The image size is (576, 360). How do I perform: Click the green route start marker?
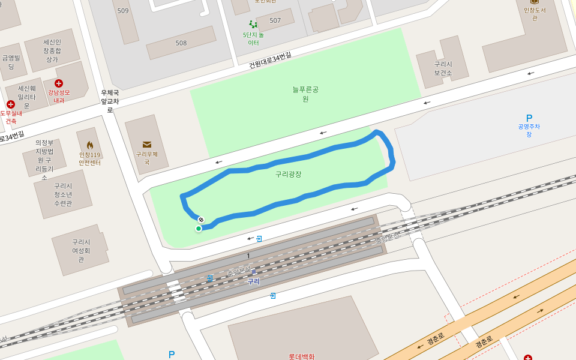pyautogui.click(x=199, y=229)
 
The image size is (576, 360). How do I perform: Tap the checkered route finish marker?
pyautogui.click(x=201, y=220)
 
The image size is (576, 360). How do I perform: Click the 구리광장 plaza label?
pyautogui.click(x=288, y=174)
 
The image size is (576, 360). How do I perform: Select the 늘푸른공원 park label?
pyautogui.click(x=305, y=94)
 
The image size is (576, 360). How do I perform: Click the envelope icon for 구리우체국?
pyautogui.click(x=146, y=144)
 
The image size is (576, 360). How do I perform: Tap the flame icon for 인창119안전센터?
pyautogui.click(x=90, y=145)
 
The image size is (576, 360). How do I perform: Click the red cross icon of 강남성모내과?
pyautogui.click(x=58, y=83)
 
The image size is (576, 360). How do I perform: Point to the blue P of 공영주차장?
pyautogui.click(x=529, y=118)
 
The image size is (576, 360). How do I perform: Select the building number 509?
pyautogui.click(x=123, y=11)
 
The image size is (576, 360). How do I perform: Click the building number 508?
pyautogui.click(x=181, y=43)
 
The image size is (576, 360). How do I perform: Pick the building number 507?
pyautogui.click(x=275, y=20)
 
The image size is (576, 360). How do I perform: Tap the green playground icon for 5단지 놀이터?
pyautogui.click(x=253, y=25)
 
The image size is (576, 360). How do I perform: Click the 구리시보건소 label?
pyautogui.click(x=443, y=68)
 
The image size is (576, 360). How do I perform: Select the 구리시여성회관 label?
pyautogui.click(x=81, y=250)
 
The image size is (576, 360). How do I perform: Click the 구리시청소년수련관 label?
pyautogui.click(x=63, y=194)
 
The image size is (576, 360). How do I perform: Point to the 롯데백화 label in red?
pyautogui.click(x=301, y=356)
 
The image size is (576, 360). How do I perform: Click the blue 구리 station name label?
pyautogui.click(x=254, y=281)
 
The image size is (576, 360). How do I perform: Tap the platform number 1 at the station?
pyautogui.click(x=248, y=256)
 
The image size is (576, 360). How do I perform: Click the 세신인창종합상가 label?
pyautogui.click(x=52, y=50)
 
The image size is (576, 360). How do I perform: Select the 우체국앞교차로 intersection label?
pyautogui.click(x=110, y=101)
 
